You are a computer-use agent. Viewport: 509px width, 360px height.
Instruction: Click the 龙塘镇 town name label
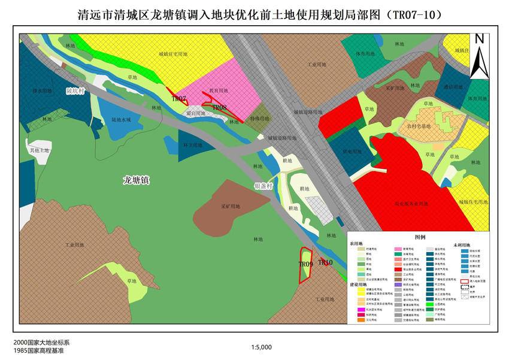136,179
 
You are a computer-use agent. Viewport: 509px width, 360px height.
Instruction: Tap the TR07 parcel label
179,99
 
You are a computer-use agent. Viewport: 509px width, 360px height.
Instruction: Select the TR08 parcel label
219,108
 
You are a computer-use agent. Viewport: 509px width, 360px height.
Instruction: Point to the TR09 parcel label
305,264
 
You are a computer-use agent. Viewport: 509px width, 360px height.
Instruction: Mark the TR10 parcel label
325,262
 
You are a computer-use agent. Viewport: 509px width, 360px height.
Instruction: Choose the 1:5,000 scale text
262,347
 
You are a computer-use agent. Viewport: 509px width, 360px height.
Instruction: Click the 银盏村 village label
263,186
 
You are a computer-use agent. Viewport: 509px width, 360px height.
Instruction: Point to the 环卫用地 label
192,145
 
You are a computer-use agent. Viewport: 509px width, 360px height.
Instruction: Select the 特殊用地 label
259,119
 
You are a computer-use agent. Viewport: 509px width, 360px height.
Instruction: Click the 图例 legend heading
420,237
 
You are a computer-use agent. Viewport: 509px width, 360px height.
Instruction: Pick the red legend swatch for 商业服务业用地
398,270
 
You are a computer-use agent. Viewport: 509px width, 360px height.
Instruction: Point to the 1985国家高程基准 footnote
38,350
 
